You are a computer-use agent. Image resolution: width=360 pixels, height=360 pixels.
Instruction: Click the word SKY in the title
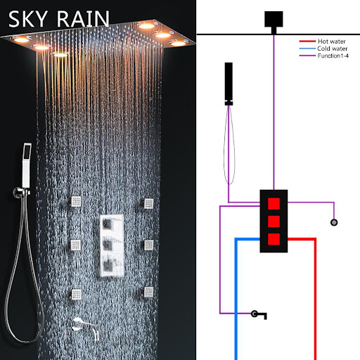28,19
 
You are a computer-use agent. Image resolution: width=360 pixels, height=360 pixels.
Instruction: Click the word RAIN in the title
83,19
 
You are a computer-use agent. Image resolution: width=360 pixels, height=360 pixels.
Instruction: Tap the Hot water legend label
332,41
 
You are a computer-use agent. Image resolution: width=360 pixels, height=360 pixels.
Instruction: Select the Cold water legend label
332,49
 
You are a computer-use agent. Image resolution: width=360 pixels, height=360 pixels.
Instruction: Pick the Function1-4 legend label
333,56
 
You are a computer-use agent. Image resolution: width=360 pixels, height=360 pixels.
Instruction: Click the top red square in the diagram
274,204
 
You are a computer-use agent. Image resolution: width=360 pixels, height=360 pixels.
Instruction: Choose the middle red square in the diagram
274,221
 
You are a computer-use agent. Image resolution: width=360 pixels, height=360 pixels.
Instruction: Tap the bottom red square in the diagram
274,239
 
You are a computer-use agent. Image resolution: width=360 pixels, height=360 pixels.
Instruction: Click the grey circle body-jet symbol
334,222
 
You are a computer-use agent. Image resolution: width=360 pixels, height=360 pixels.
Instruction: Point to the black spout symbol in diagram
259,314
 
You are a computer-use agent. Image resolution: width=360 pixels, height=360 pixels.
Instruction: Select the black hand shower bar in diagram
229,84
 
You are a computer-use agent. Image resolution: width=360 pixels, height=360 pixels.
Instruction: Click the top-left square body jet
75,202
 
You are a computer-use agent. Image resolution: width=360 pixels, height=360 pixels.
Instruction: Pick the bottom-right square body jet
147,292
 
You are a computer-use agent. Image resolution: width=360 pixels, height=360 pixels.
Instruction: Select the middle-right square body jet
148,245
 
